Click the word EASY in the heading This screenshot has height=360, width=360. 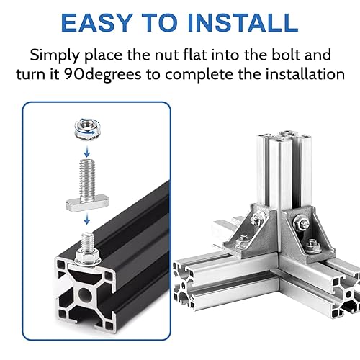pyautogui.click(x=97, y=23)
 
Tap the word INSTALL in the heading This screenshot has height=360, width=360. pyautogui.click(x=243, y=23)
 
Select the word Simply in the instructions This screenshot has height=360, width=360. pyautogui.click(x=55, y=55)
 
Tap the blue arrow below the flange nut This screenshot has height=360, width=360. pyautogui.click(x=87, y=150)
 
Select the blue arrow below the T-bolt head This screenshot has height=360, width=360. pyautogui.click(x=87, y=218)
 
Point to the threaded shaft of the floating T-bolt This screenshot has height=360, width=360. pyautogui.click(x=87, y=177)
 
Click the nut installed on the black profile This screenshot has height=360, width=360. pyautogui.click(x=87, y=258)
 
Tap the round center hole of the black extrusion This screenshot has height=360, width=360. pyautogui.click(x=85, y=294)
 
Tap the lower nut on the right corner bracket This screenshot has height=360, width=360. pyautogui.click(x=312, y=245)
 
